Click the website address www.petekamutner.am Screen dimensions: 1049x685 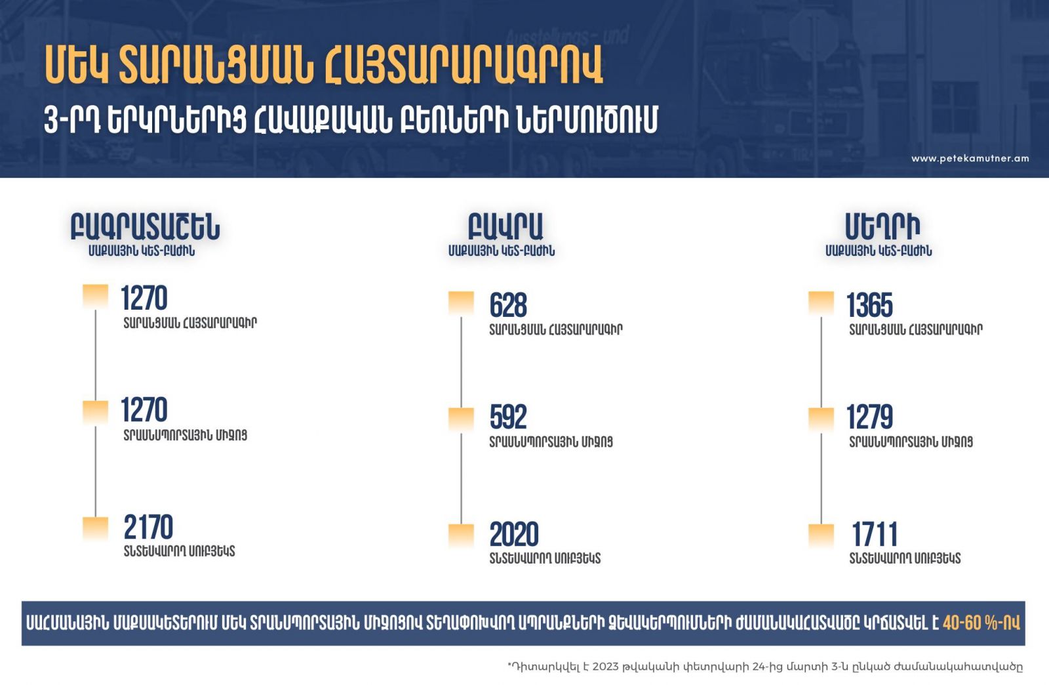point(970,158)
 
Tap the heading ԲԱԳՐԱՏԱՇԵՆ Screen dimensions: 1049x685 point(145,227)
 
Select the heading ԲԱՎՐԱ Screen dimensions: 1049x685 point(505,227)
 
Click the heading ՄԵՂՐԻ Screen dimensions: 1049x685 point(882,227)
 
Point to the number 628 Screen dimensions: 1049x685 point(508,306)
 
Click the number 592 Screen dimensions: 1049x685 point(508,417)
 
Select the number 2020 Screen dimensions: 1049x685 point(514,534)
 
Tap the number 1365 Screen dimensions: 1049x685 point(869,306)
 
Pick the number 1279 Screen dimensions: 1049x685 point(869,417)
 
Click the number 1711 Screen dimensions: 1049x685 point(875,534)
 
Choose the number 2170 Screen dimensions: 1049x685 point(148,527)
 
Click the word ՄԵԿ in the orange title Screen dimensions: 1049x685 point(76,65)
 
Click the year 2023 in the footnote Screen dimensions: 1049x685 point(606,666)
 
